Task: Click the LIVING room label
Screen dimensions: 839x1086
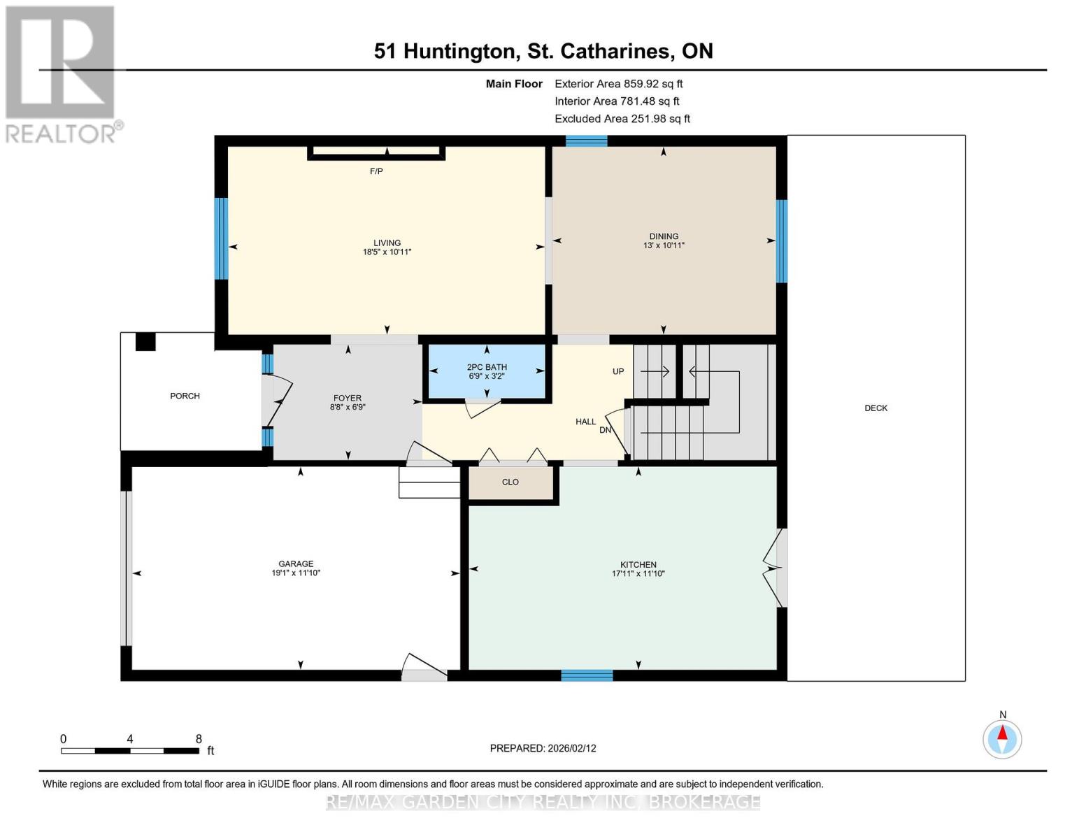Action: pos(387,243)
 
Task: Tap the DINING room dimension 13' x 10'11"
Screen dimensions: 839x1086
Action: pos(663,245)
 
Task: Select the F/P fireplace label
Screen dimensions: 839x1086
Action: pos(376,171)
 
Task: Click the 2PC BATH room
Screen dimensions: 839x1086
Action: pos(487,371)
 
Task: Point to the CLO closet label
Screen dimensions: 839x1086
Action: pos(510,482)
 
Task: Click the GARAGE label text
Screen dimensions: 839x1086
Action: pos(296,564)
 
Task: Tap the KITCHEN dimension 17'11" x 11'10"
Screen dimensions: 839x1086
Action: pos(638,573)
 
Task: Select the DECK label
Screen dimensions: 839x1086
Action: pos(876,408)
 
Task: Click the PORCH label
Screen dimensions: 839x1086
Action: pos(185,396)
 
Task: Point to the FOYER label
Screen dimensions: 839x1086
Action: pos(348,398)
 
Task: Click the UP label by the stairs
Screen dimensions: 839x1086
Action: pos(618,371)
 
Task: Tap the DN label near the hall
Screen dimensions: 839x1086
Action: pos(605,430)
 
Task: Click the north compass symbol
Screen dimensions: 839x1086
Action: pos(1002,738)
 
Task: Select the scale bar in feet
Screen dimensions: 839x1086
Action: pos(130,751)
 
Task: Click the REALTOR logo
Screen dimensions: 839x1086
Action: pos(62,73)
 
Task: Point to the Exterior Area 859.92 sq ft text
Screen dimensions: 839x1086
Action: pos(618,83)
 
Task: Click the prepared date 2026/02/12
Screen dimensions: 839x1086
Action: pos(543,748)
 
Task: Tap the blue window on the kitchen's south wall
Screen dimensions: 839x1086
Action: pos(587,675)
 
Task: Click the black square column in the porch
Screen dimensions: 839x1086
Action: pos(145,341)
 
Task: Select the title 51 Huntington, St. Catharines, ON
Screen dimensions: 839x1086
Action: pos(543,51)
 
